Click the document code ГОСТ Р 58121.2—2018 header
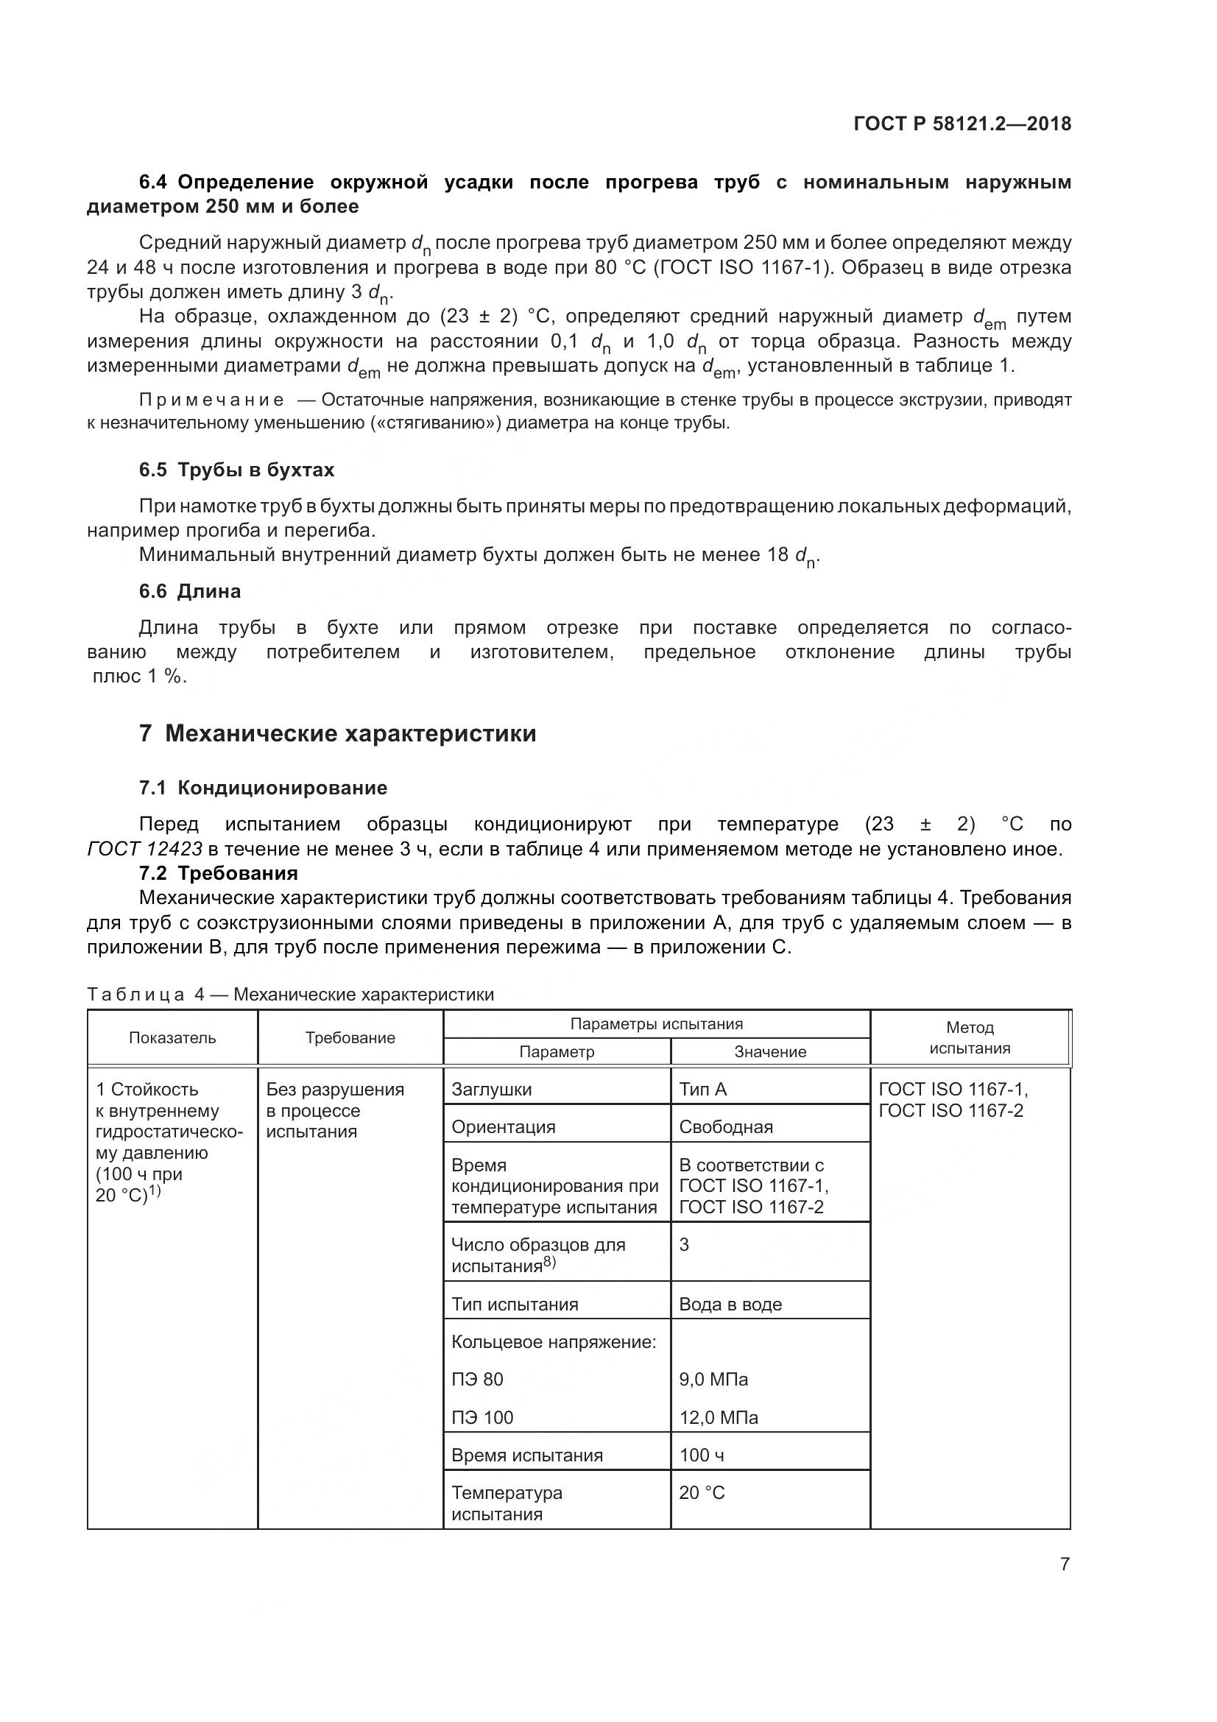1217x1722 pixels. tap(962, 124)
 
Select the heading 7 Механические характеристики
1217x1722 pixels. tap(337, 733)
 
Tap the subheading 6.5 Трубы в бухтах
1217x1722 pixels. tap(236, 470)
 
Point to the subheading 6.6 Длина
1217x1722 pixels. tap(190, 591)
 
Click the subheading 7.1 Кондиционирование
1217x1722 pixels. tap(262, 788)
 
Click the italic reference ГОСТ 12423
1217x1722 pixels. tap(145, 849)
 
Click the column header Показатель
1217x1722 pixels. tap(172, 1038)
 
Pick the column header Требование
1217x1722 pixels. tap(350, 1038)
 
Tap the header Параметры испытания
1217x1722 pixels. tap(656, 1024)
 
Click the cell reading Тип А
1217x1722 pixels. tap(702, 1089)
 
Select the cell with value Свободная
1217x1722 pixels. tap(725, 1126)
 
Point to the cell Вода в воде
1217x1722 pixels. tap(730, 1305)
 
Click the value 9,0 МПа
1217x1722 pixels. tap(713, 1379)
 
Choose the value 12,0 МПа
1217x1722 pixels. tap(718, 1417)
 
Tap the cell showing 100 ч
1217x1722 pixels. tap(701, 1455)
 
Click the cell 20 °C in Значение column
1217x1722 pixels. tap(702, 1492)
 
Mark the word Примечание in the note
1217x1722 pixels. tap(211, 400)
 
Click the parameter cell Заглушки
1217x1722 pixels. tap(491, 1089)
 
